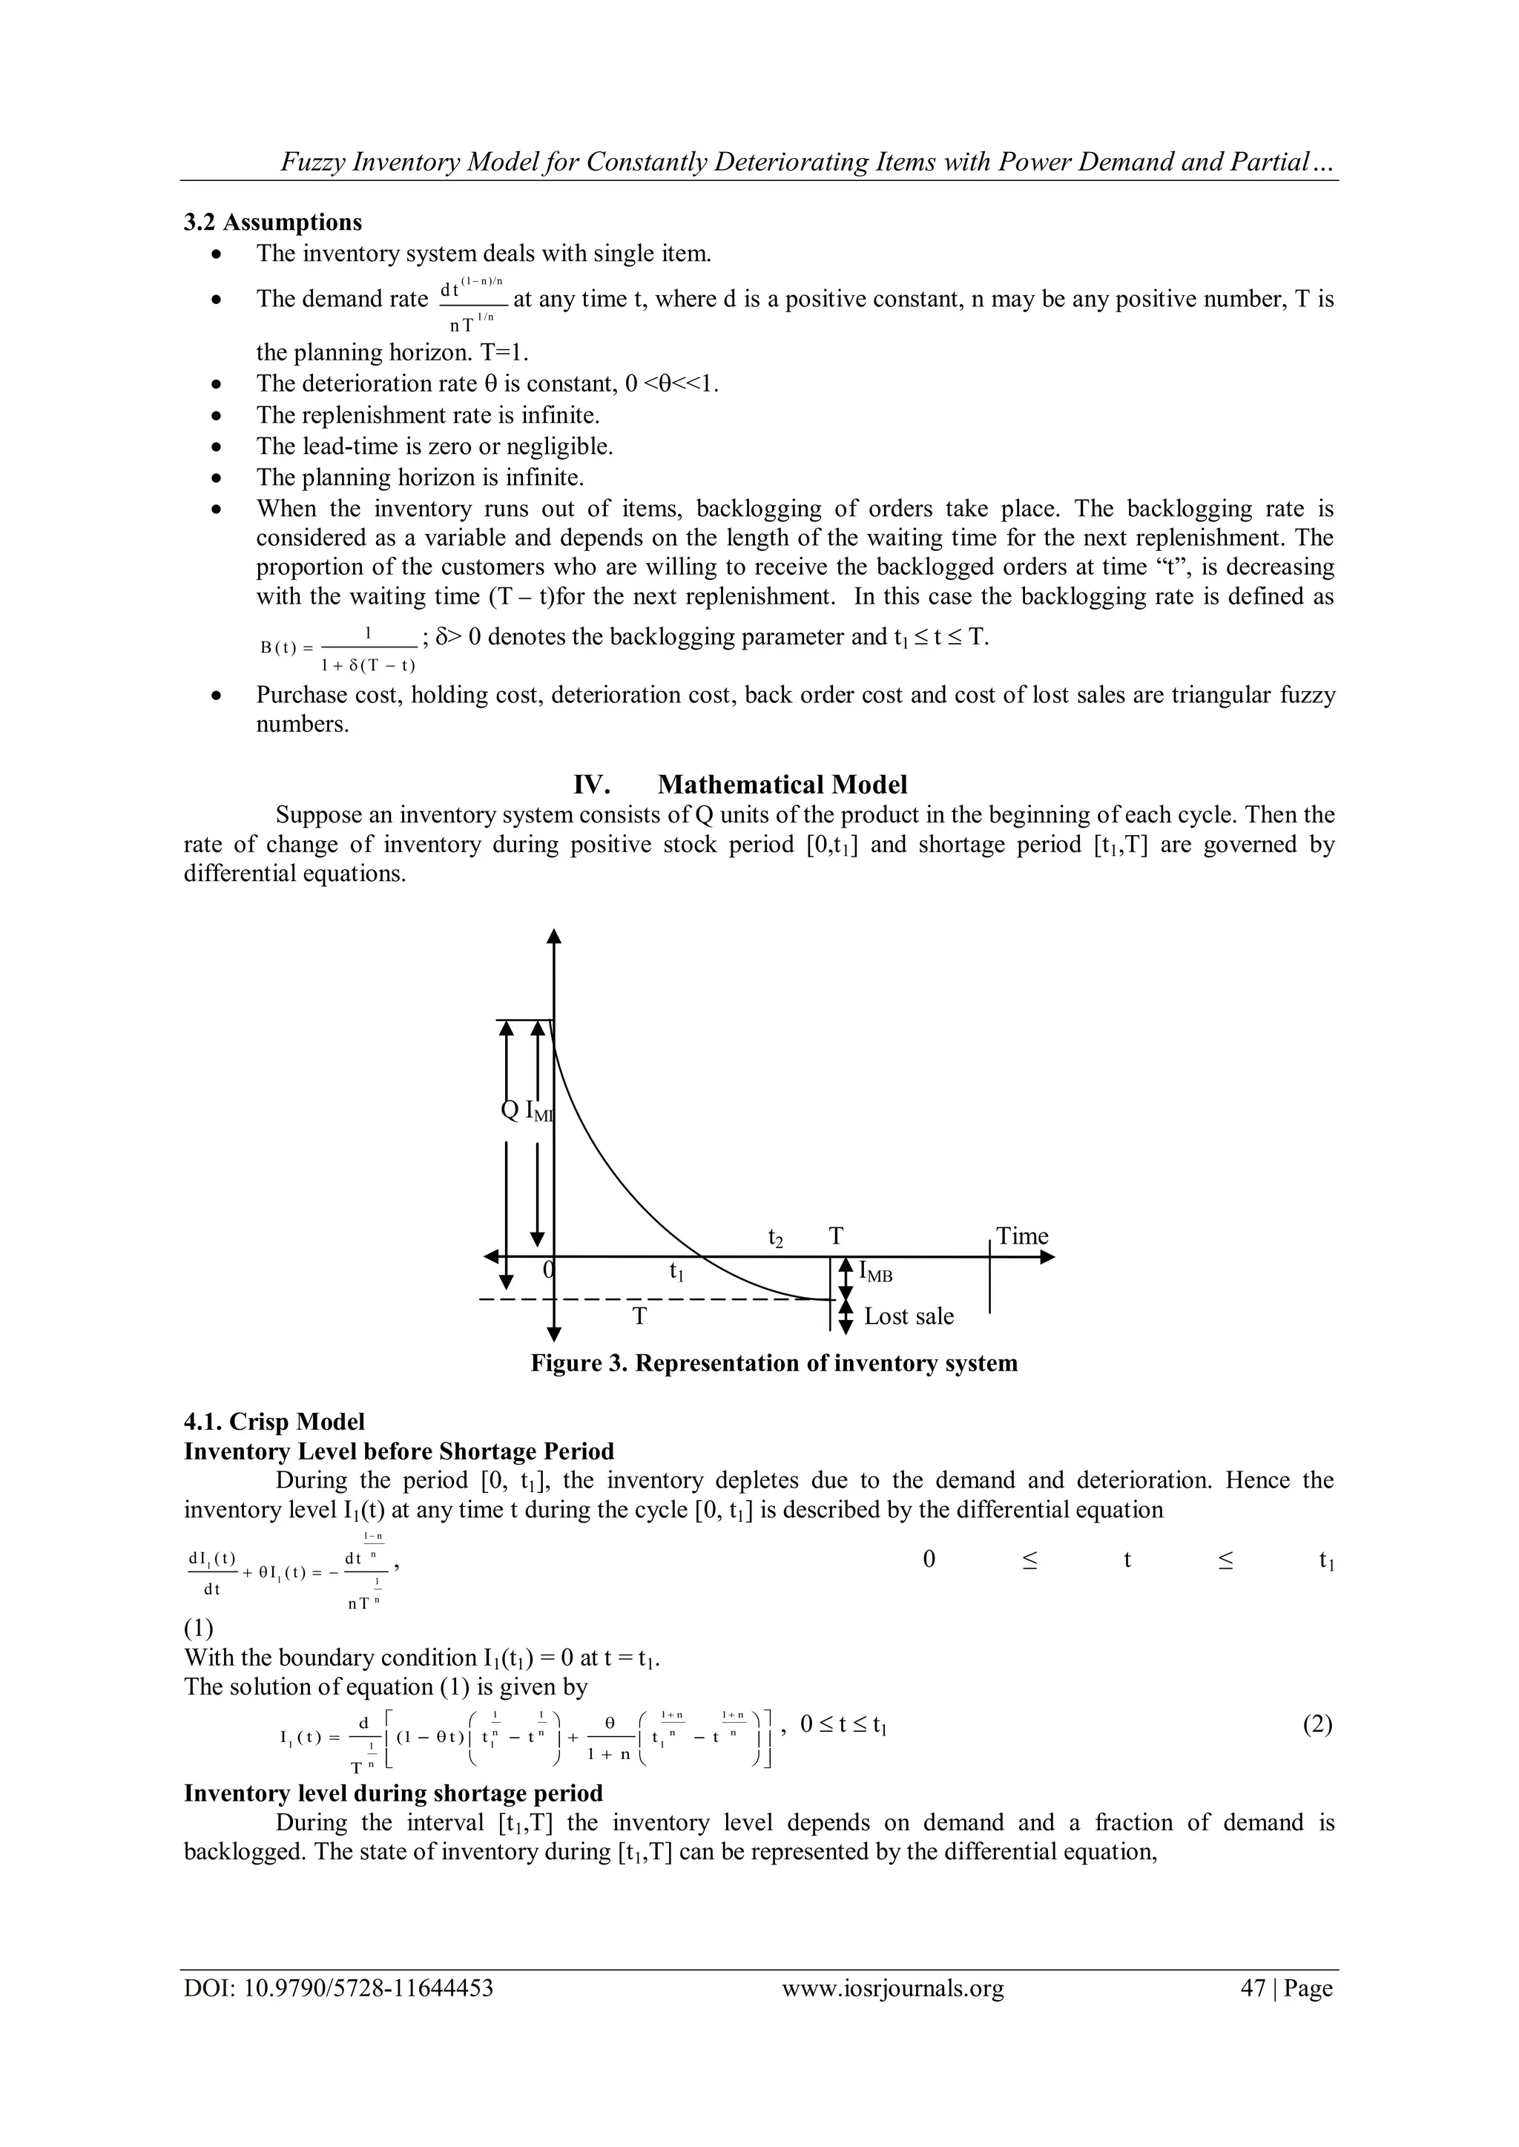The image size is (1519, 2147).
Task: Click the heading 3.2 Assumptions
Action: pos(272,222)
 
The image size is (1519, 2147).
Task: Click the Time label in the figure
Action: pos(1021,1236)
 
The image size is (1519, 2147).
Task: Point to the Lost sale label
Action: pos(909,1316)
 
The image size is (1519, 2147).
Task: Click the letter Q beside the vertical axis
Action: pos(510,1110)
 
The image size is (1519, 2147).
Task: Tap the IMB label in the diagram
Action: pos(874,1273)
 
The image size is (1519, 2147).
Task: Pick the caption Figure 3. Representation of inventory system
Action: pos(774,1362)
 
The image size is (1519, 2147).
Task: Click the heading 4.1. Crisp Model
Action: pos(274,1422)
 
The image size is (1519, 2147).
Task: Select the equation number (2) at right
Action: pos(1317,1724)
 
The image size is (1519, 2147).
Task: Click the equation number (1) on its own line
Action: pos(198,1628)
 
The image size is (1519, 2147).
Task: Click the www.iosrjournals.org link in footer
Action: pos(892,2014)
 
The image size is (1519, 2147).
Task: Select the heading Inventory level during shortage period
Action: pos(393,1793)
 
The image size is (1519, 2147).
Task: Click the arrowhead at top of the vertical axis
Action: pos(554,937)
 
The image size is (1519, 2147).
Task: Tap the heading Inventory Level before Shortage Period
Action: pos(398,1451)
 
